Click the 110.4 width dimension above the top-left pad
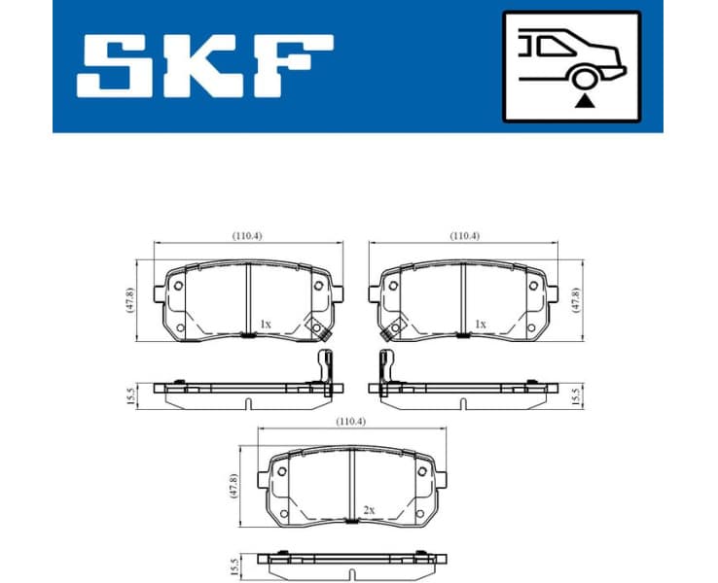pyautogui.click(x=248, y=236)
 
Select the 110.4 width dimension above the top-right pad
pyautogui.click(x=464, y=236)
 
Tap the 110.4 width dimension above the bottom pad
pyautogui.click(x=350, y=423)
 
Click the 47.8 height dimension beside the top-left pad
pyautogui.click(x=129, y=299)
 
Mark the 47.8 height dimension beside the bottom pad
pyautogui.click(x=233, y=486)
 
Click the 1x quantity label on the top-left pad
pyautogui.click(x=265, y=324)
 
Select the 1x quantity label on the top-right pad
pyautogui.click(x=479, y=324)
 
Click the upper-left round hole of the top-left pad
pyautogui.click(x=178, y=285)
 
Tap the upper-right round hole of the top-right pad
pyautogui.click(x=531, y=285)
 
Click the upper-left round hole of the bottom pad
pyautogui.click(x=282, y=472)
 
